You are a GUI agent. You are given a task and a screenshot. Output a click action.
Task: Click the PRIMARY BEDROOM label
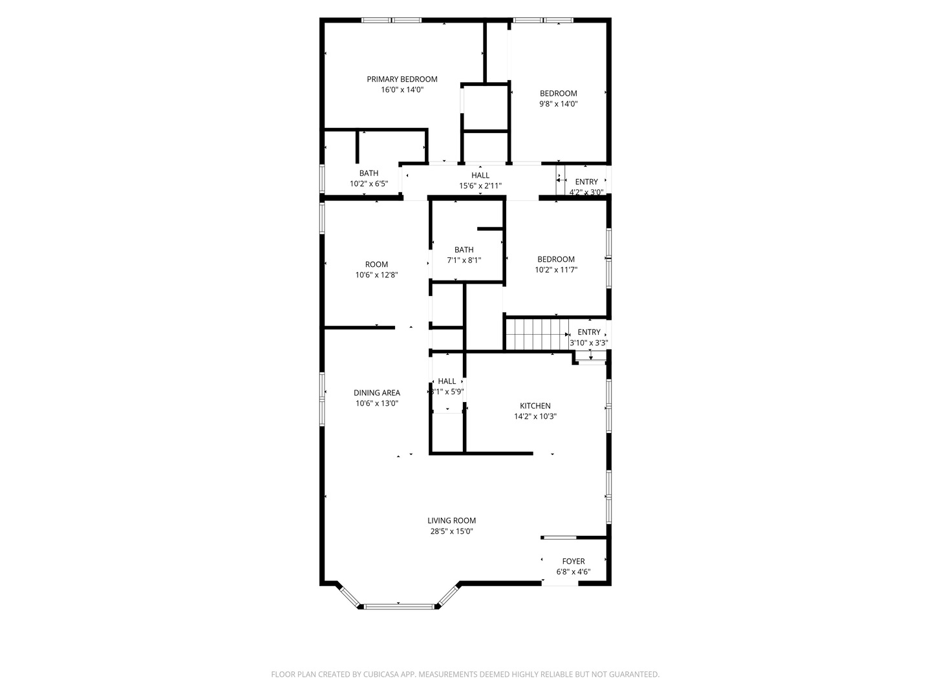[401, 79]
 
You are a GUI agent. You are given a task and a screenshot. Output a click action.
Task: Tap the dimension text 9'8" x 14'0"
[558, 103]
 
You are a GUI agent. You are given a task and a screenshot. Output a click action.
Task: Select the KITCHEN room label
[535, 406]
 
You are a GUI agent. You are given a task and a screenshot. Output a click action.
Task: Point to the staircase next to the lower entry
[536, 333]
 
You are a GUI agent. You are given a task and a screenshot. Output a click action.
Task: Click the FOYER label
[573, 562]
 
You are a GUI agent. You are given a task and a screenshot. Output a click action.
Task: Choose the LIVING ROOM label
[451, 521]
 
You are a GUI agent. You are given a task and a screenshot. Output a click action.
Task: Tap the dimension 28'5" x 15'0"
[451, 531]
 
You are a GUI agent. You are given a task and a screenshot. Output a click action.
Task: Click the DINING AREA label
[376, 393]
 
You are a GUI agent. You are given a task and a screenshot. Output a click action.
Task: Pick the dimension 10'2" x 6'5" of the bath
[369, 184]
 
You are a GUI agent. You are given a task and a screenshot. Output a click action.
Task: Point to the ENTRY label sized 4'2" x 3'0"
[586, 182]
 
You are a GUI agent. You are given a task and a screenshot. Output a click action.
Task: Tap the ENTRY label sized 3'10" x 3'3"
[588, 332]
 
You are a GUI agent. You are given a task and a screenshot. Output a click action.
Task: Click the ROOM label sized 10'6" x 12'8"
[376, 264]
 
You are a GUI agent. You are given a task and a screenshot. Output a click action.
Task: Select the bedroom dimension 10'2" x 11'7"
[555, 270]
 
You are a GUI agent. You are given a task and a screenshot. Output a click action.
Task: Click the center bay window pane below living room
[398, 606]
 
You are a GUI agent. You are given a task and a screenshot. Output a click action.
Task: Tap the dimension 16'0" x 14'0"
[401, 90]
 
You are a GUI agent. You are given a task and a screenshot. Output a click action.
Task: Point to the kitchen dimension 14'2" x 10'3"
[535, 416]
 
